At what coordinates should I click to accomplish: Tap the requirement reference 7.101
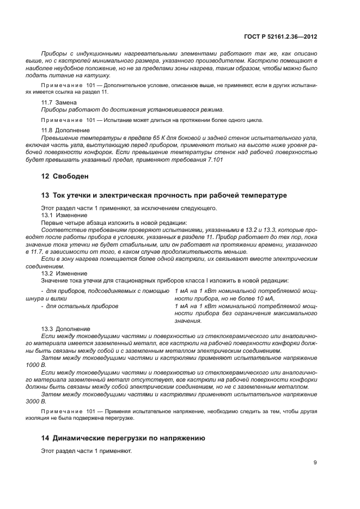212,160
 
